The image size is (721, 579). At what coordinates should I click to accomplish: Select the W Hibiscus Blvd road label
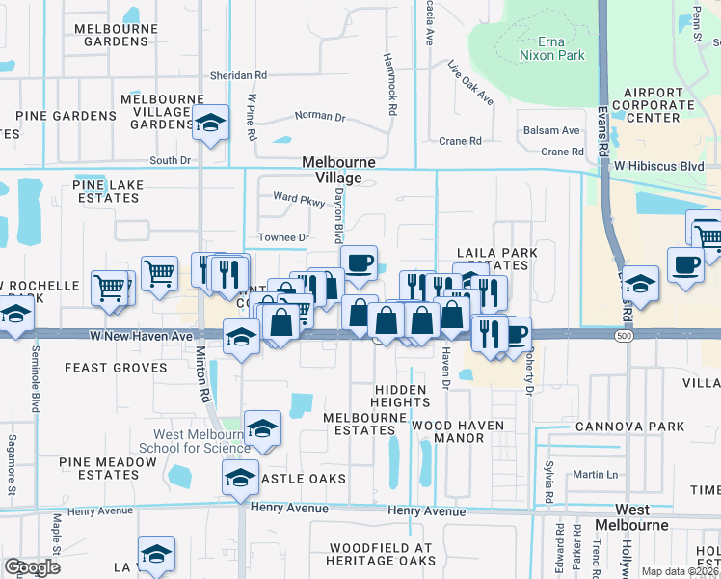pyautogui.click(x=664, y=165)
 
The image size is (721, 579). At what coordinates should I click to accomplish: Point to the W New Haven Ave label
pyautogui.click(x=141, y=335)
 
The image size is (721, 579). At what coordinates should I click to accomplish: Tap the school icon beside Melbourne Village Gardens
pyautogui.click(x=209, y=123)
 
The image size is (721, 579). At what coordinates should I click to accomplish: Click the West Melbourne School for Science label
pyautogui.click(x=201, y=441)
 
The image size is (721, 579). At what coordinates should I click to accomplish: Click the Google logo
pyautogui.click(x=32, y=566)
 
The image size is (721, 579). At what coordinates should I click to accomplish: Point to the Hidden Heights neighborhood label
pyautogui.click(x=400, y=396)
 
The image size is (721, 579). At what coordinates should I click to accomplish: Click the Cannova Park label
pyautogui.click(x=629, y=427)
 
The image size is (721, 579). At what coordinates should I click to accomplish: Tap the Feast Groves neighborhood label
pyautogui.click(x=104, y=368)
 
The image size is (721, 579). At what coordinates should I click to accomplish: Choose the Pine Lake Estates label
pyautogui.click(x=109, y=191)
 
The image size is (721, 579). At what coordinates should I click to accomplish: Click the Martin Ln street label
pyautogui.click(x=594, y=474)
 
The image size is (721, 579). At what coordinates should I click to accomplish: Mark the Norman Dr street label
pyautogui.click(x=320, y=116)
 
